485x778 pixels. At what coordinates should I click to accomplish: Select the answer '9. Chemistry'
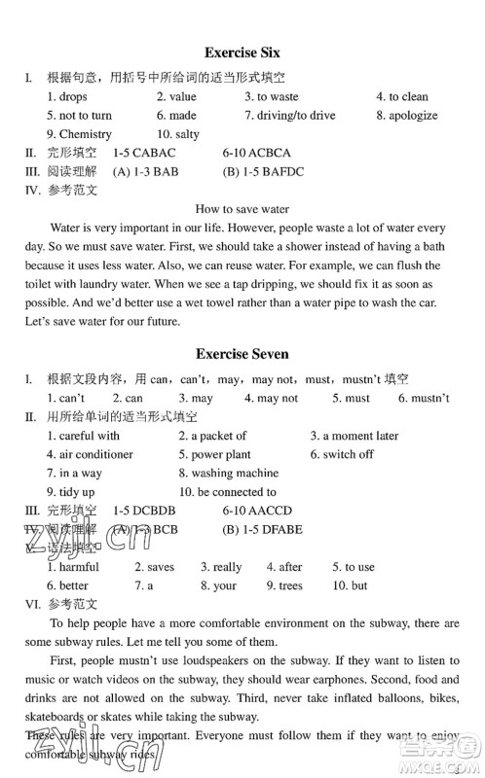coord(79,134)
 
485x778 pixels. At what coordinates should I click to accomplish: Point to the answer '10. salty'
coord(178,134)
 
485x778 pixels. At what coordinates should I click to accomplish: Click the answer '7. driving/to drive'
coord(289,115)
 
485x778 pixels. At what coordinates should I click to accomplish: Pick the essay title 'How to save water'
coord(242,209)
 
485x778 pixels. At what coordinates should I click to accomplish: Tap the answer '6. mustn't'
coord(424,398)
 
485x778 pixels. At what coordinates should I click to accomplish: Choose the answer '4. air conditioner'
coord(90,454)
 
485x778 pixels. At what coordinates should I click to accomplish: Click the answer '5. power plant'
coord(214,454)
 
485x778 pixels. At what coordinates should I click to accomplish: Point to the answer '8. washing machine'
coord(228,474)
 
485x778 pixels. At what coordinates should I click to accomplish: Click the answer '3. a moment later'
coord(354,436)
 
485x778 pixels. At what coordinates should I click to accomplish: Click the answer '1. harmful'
coord(73,567)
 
